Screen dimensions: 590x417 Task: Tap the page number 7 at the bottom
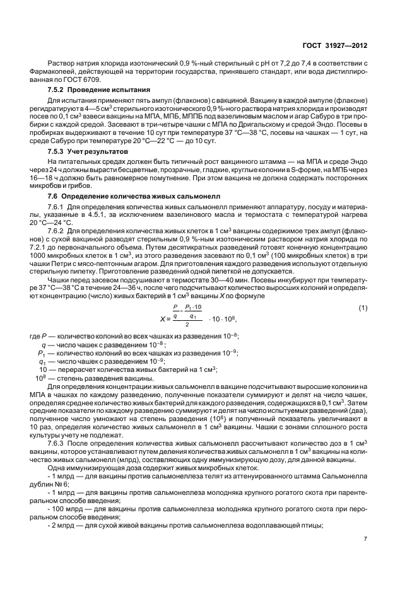pyautogui.click(x=365, y=538)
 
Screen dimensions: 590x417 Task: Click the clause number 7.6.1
pyautogui.click(x=57, y=206)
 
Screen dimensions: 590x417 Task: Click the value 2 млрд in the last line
pyautogui.click(x=62, y=524)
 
